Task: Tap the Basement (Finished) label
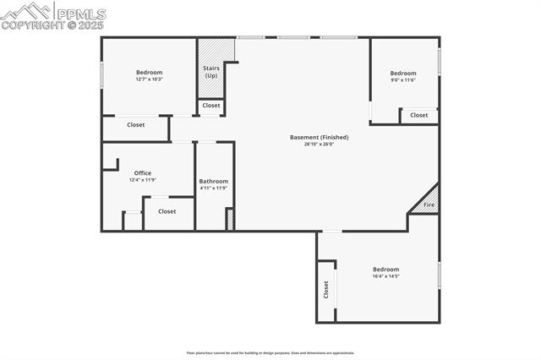pos(319,137)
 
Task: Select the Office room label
pos(143,173)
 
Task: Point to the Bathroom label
pos(213,181)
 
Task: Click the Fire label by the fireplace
pos(429,205)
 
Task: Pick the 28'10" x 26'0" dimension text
pos(319,144)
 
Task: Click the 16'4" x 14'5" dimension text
pos(385,275)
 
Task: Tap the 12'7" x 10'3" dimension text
pos(149,79)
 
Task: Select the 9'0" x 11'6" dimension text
pos(403,79)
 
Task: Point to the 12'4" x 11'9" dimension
pos(143,180)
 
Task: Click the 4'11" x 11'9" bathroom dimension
pos(213,188)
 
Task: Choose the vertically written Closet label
pos(325,289)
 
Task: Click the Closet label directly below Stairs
pos(211,106)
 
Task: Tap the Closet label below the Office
pos(167,211)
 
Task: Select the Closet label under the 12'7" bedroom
pos(136,125)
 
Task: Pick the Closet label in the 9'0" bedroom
pos(419,115)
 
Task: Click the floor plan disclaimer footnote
pos(270,352)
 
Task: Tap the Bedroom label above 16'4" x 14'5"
pos(385,269)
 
